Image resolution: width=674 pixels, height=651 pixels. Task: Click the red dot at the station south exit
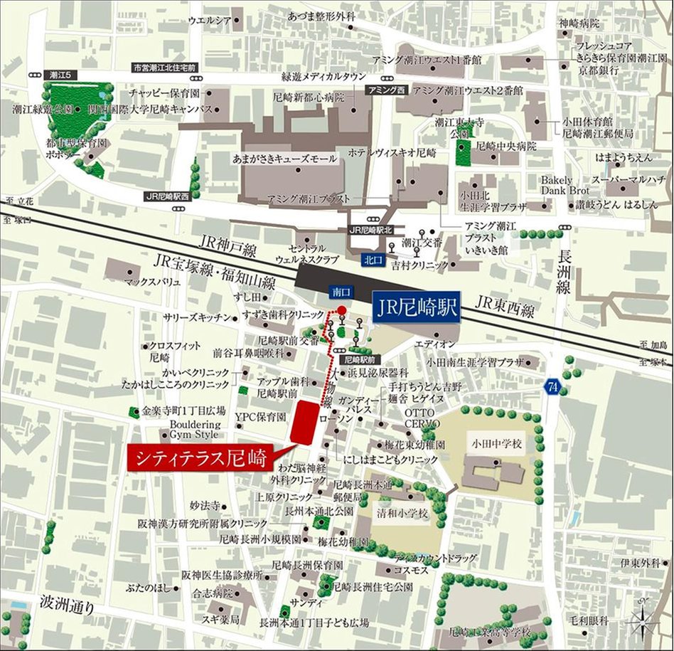coord(341,309)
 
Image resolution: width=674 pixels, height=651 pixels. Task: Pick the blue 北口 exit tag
coord(372,260)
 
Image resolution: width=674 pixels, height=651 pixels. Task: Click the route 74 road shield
coord(552,386)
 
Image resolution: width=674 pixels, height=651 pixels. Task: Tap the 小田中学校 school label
coord(496,444)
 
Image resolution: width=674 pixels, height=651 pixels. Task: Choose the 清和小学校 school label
coord(402,513)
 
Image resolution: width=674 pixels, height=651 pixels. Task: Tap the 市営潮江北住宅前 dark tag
coord(164,68)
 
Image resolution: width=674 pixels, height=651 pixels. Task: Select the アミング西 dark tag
coord(385,90)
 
